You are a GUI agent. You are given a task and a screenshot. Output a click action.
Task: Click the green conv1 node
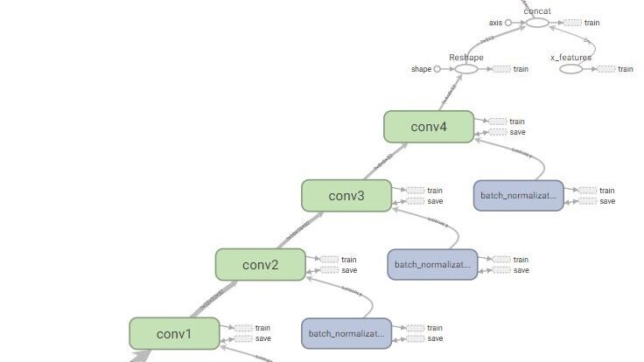173,333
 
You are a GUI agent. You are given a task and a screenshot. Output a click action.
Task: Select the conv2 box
260,264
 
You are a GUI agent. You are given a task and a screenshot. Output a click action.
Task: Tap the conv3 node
346,195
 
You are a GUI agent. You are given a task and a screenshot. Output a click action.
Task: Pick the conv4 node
428,127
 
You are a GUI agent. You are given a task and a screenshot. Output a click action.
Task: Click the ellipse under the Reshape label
466,69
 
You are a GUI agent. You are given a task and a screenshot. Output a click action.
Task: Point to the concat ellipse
536,23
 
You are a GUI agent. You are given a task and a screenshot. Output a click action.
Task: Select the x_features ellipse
570,69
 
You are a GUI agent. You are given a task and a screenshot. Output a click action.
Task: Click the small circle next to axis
507,23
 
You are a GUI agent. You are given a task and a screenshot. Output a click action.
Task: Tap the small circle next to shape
437,69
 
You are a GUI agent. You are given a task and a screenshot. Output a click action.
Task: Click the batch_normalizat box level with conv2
432,264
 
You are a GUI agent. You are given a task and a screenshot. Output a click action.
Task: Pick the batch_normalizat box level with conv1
346,333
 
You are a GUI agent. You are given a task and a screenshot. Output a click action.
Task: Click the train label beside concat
592,23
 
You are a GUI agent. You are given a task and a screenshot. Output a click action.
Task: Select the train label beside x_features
626,69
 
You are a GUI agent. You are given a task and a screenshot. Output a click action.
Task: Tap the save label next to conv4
517,132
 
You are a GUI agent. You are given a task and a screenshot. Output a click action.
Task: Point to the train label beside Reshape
521,69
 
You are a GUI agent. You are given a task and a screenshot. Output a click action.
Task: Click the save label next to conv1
262,338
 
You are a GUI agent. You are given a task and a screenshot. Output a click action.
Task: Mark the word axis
495,23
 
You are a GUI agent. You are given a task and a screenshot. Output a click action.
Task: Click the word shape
421,69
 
